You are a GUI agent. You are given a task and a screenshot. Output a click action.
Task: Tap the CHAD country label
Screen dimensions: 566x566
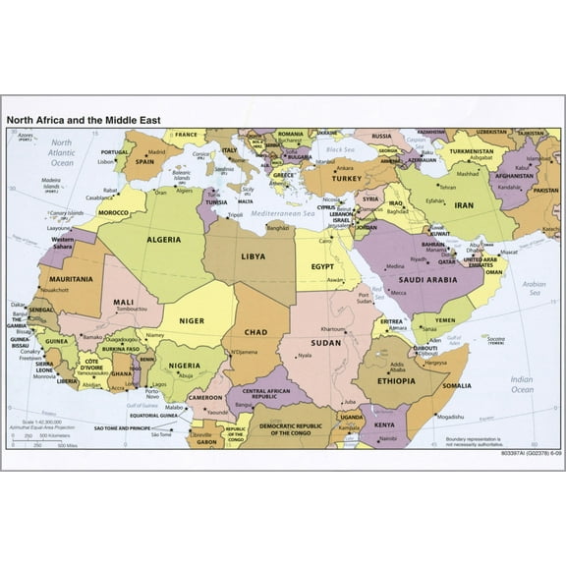tap(255, 332)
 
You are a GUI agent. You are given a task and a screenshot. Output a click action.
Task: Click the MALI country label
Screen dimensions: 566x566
tap(124, 302)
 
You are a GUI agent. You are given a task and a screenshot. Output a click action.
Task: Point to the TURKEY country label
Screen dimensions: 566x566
tap(346, 179)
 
